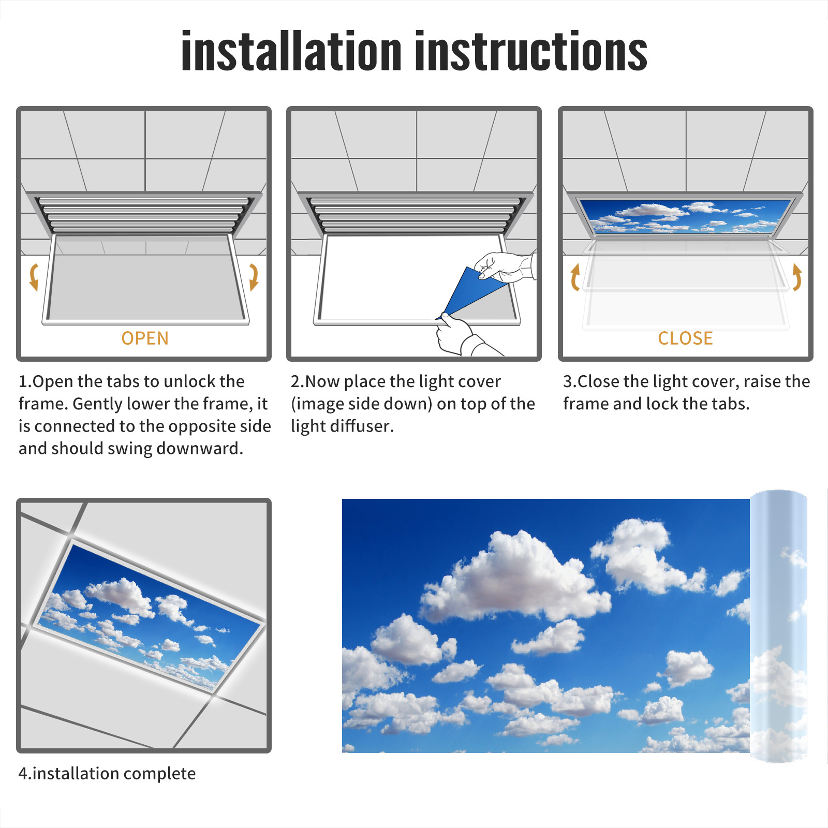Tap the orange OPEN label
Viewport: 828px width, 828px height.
tap(145, 338)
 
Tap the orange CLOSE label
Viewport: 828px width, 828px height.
tap(685, 338)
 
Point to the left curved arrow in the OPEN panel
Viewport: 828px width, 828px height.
tap(34, 277)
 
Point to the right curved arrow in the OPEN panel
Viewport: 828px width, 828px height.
tap(254, 277)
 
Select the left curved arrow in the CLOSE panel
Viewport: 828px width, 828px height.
tap(574, 277)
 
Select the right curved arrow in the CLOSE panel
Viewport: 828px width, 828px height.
tap(797, 277)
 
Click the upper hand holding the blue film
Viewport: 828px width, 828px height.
tap(505, 267)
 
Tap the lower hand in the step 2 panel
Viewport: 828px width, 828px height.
tap(458, 336)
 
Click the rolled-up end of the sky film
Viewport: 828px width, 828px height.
tap(778, 626)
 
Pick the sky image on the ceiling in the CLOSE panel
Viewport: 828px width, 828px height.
tap(685, 216)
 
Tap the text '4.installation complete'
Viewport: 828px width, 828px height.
tap(107, 773)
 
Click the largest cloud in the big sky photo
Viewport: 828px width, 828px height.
tap(512, 580)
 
